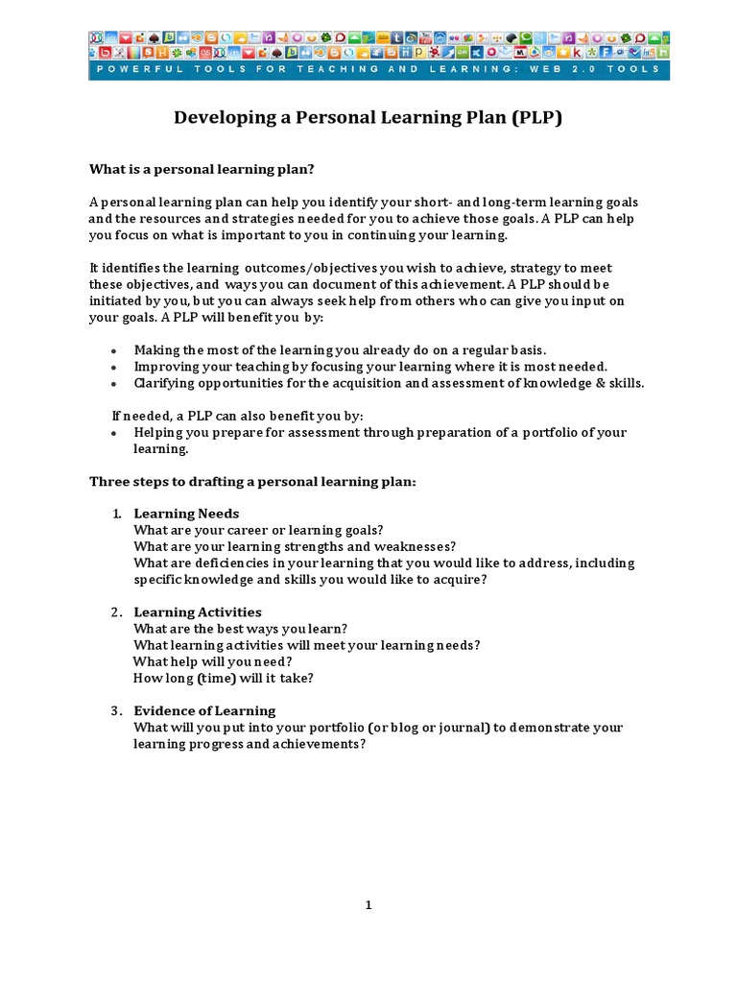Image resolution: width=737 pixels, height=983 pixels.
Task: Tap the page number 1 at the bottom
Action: pyautogui.click(x=368, y=904)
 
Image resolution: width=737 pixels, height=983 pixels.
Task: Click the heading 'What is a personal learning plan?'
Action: pyautogui.click(x=202, y=170)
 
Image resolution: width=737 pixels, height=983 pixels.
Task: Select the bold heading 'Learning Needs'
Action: pyautogui.click(x=186, y=514)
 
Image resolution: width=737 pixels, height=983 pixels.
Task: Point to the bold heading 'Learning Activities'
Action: pyautogui.click(x=198, y=612)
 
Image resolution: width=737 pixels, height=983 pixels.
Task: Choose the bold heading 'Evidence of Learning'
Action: pyautogui.click(x=204, y=711)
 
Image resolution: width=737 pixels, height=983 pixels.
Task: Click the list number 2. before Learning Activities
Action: pyautogui.click(x=115, y=612)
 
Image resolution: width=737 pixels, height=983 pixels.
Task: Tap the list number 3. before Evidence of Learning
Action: pyautogui.click(x=115, y=711)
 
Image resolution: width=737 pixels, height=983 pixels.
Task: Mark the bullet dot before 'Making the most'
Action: pyautogui.click(x=114, y=351)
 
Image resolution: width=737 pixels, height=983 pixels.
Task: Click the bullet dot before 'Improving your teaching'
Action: pyautogui.click(x=114, y=368)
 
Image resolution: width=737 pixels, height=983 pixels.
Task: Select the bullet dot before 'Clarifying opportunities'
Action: pyautogui.click(x=114, y=384)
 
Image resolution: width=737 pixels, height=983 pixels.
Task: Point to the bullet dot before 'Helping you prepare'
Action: pyautogui.click(x=114, y=434)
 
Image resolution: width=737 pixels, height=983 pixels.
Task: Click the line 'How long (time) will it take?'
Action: pyautogui.click(x=224, y=679)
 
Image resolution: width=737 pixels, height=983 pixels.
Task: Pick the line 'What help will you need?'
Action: pyautogui.click(x=212, y=662)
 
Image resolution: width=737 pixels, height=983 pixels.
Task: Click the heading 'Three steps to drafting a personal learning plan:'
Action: pyautogui.click(x=252, y=482)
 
